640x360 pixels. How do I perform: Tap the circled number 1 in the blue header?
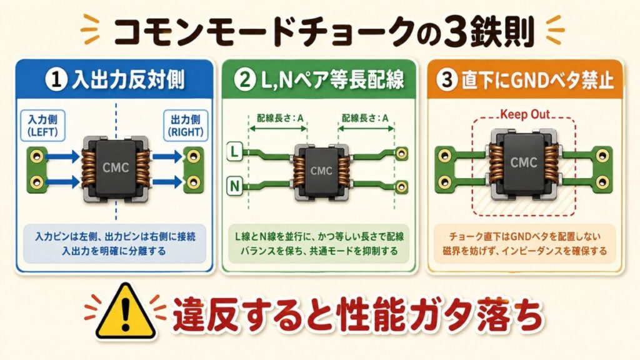[x=56, y=79]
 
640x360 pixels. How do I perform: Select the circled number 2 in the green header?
[x=245, y=79]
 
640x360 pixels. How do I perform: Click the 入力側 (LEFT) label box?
[x=43, y=126]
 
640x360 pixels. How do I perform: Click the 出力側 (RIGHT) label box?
[x=186, y=126]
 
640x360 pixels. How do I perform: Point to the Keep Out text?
[x=525, y=114]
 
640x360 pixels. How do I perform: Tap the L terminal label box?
[x=234, y=152]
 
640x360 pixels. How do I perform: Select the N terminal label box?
[x=234, y=186]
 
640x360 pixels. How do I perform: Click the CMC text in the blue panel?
[x=116, y=167]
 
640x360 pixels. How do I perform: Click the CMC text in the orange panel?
[x=524, y=162]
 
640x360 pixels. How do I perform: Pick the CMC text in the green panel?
[x=322, y=170]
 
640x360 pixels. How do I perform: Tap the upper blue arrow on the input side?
[x=62, y=156]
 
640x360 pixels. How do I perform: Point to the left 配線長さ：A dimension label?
[x=281, y=118]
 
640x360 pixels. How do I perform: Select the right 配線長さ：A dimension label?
[x=365, y=118]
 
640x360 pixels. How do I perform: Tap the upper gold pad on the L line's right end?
[x=402, y=154]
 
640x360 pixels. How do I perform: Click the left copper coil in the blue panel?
[x=88, y=167]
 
